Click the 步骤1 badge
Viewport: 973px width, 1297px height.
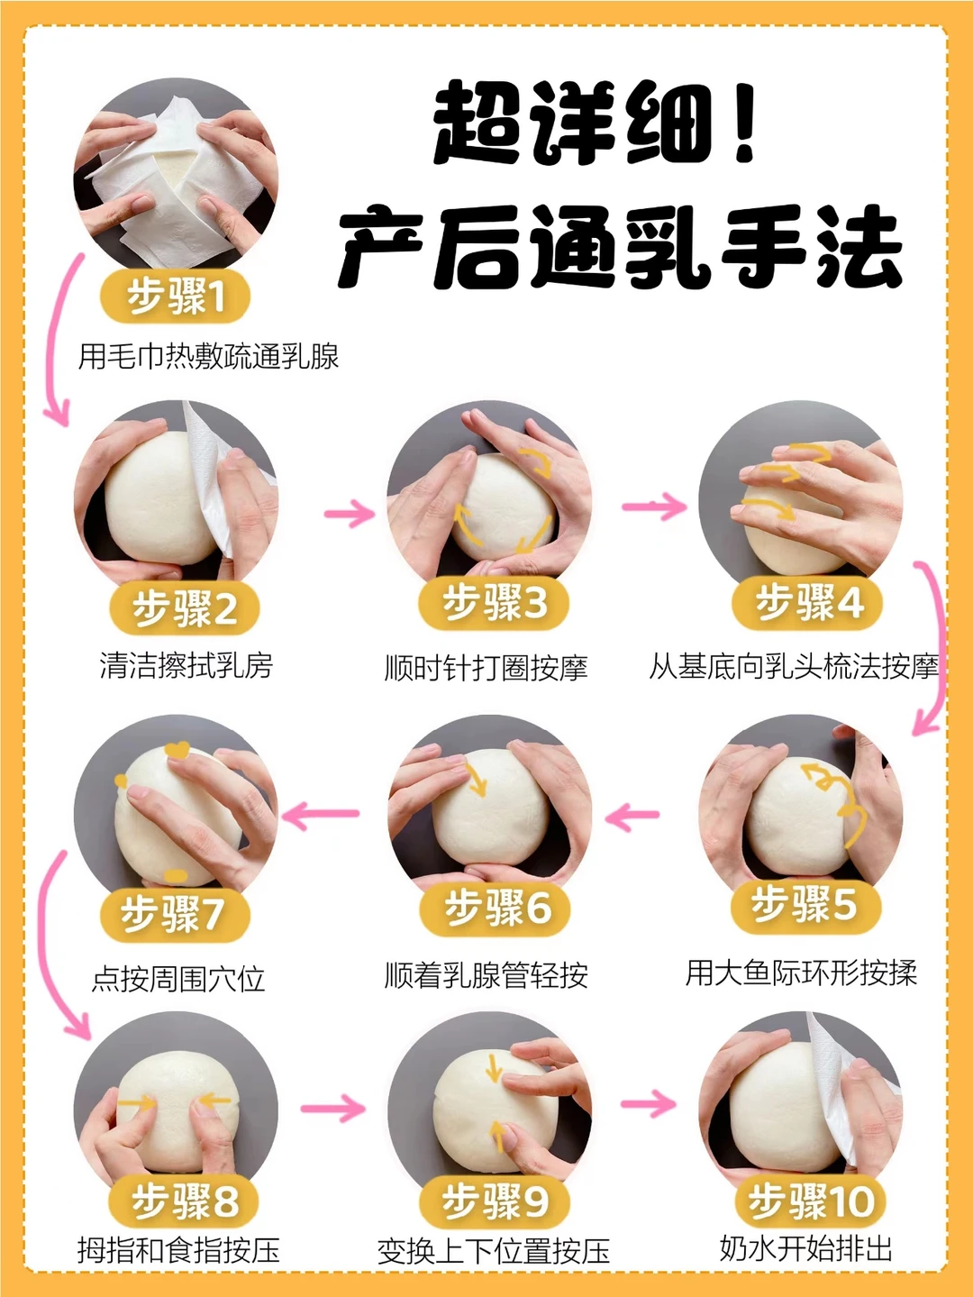(x=176, y=296)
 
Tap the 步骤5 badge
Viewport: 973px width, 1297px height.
(x=805, y=905)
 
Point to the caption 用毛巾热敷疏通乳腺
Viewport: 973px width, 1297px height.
(x=208, y=356)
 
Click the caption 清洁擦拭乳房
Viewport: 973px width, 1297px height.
(x=186, y=665)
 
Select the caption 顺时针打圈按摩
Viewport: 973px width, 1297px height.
(x=486, y=668)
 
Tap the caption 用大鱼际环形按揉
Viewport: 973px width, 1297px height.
(x=801, y=972)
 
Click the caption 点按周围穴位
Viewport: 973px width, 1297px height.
(x=178, y=979)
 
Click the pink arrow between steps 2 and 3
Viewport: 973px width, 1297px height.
(x=350, y=513)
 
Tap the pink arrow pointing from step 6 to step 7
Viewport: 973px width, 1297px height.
(x=320, y=815)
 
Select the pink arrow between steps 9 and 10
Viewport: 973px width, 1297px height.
(x=649, y=1103)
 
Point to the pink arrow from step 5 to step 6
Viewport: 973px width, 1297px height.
(x=632, y=816)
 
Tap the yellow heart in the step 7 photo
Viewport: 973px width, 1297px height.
(x=177, y=749)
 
